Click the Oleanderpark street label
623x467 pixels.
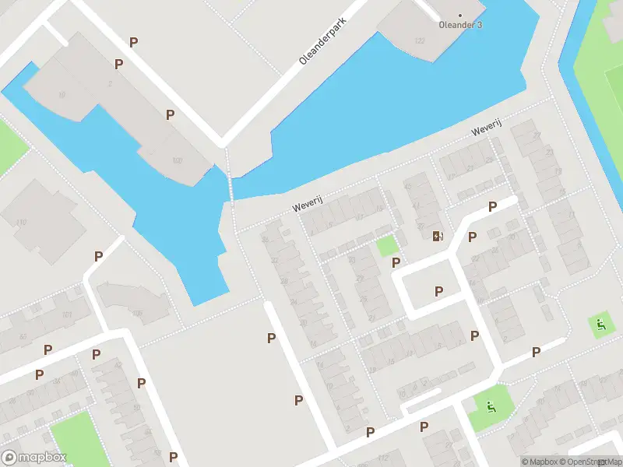322,43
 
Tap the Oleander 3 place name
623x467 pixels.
459,25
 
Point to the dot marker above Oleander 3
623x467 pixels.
459,15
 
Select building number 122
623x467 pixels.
421,40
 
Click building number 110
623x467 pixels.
21,223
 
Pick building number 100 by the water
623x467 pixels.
177,160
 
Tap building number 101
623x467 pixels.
67,315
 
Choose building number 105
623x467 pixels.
137,313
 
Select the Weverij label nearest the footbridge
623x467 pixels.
307,206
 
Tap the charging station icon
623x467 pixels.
438,236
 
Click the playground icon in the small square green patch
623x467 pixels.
600,324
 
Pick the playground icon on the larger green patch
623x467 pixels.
490,405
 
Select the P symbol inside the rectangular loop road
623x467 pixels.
438,291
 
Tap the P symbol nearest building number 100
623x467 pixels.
170,114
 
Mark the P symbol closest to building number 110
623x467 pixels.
98,255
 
